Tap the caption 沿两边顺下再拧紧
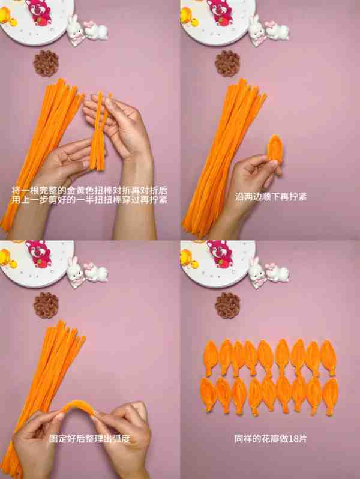coord(271,197)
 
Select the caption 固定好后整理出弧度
coord(90,439)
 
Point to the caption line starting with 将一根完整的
coord(90,191)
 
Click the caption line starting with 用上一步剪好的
coord(90,200)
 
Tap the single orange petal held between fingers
coord(275,148)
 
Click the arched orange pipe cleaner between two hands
coord(78,408)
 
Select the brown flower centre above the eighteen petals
coord(227,305)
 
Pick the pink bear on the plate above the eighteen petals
coord(220,254)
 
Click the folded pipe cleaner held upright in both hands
coord(99,131)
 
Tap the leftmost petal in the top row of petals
coord(211,358)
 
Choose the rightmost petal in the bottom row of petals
coord(331,396)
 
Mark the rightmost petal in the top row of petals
coord(329,358)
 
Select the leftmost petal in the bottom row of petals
coord(209,395)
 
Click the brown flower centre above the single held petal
coord(227,63)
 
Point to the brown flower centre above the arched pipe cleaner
coord(46,305)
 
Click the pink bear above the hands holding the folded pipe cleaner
coord(39,11)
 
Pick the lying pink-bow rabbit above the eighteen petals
coord(277,273)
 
